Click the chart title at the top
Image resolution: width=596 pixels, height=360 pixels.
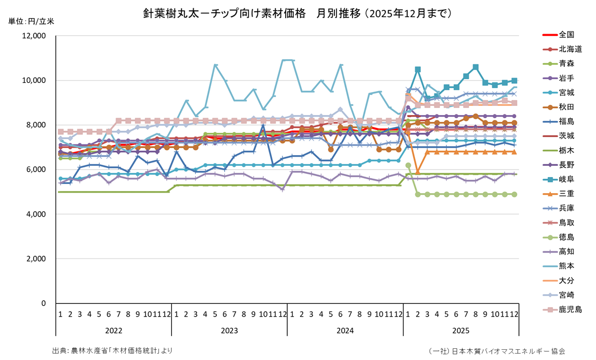tap(297, 13)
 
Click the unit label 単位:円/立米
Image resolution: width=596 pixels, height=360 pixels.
tap(31, 21)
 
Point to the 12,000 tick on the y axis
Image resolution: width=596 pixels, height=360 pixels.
tap(35, 36)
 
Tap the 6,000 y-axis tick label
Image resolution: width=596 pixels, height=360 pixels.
tap(37, 170)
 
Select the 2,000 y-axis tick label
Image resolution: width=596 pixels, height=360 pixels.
tap(37, 259)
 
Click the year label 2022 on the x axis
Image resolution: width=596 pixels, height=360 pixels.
tap(113, 331)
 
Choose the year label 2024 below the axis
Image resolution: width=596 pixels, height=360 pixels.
tap(345, 331)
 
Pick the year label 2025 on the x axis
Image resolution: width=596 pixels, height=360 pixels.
tap(461, 331)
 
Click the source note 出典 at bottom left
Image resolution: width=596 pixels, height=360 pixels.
tap(112, 351)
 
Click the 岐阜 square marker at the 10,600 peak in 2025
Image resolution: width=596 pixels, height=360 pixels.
tap(476, 67)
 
